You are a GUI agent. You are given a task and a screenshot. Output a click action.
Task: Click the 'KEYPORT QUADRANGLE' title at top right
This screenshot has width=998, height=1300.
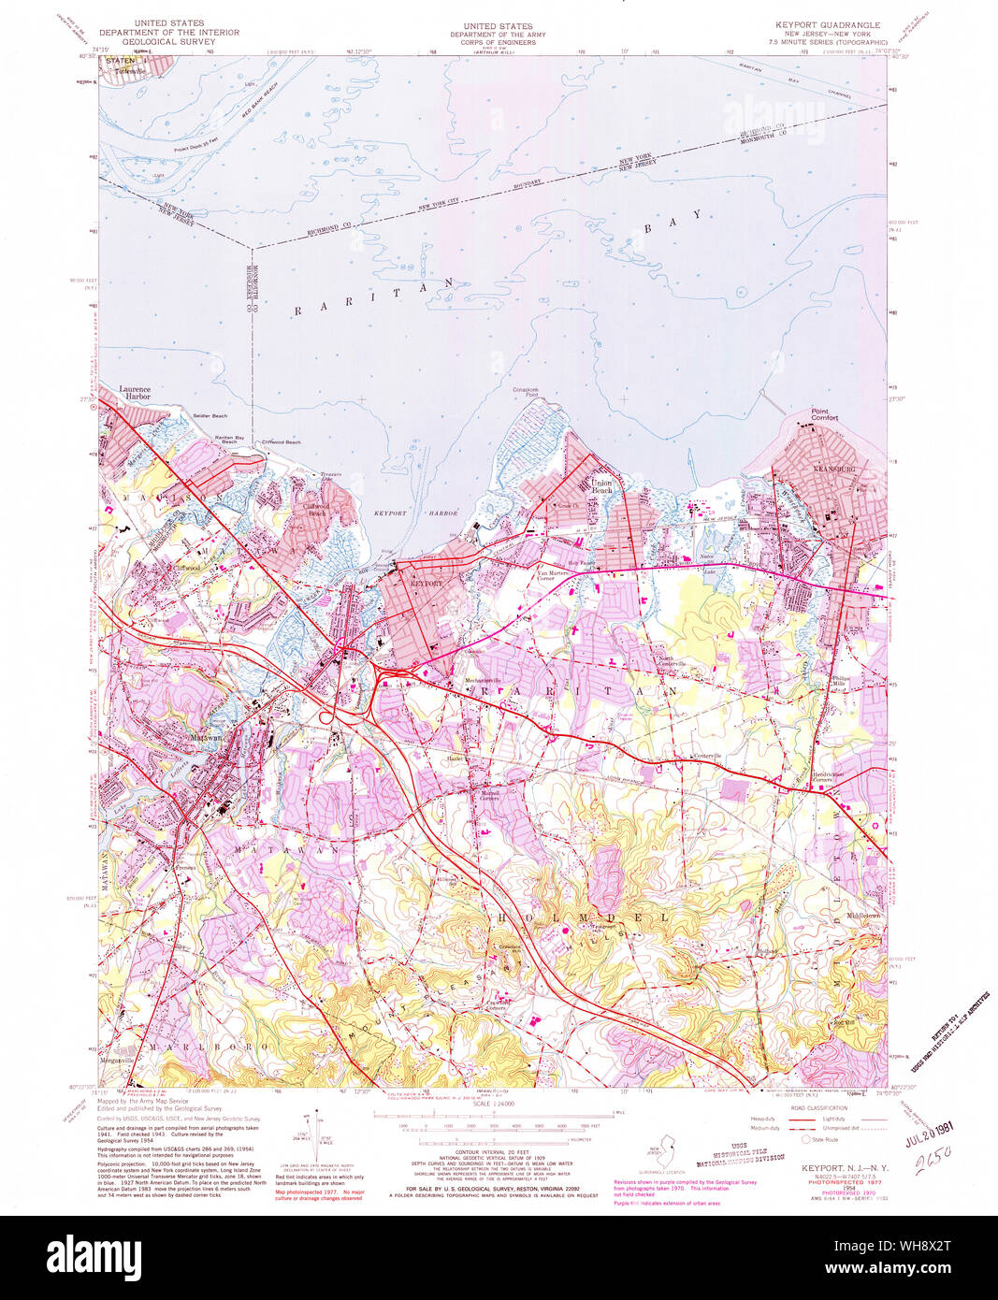click(x=827, y=25)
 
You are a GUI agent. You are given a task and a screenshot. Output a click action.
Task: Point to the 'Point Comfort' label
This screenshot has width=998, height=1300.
click(x=824, y=414)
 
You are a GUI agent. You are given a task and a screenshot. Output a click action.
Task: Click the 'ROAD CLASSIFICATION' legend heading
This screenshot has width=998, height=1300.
click(x=817, y=1107)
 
